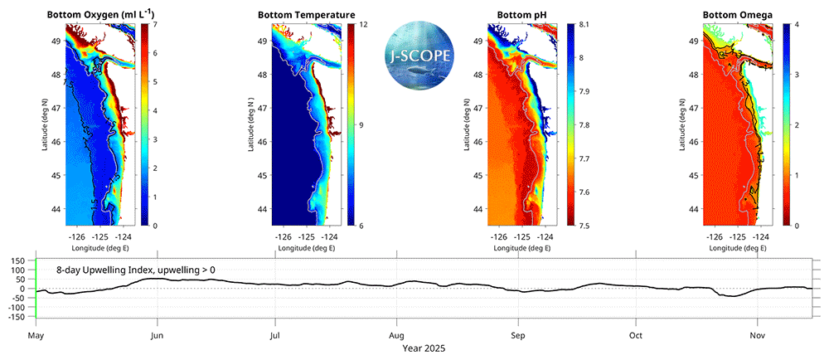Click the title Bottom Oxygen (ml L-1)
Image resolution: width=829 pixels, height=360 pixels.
pyautogui.click(x=98, y=15)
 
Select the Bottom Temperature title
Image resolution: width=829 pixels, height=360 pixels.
pyautogui.click(x=306, y=15)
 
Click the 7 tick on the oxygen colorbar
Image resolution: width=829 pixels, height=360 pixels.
pyautogui.click(x=154, y=24)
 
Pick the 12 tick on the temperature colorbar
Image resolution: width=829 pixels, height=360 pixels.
pyautogui.click(x=362, y=24)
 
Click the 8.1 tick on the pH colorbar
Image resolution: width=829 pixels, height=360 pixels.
pyautogui.click(x=584, y=24)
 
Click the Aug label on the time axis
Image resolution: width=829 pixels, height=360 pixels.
pyautogui.click(x=396, y=336)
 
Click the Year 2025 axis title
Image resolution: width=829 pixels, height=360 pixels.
pyautogui.click(x=424, y=349)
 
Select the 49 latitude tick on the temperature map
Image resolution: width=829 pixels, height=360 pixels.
pyautogui.click(x=261, y=41)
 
